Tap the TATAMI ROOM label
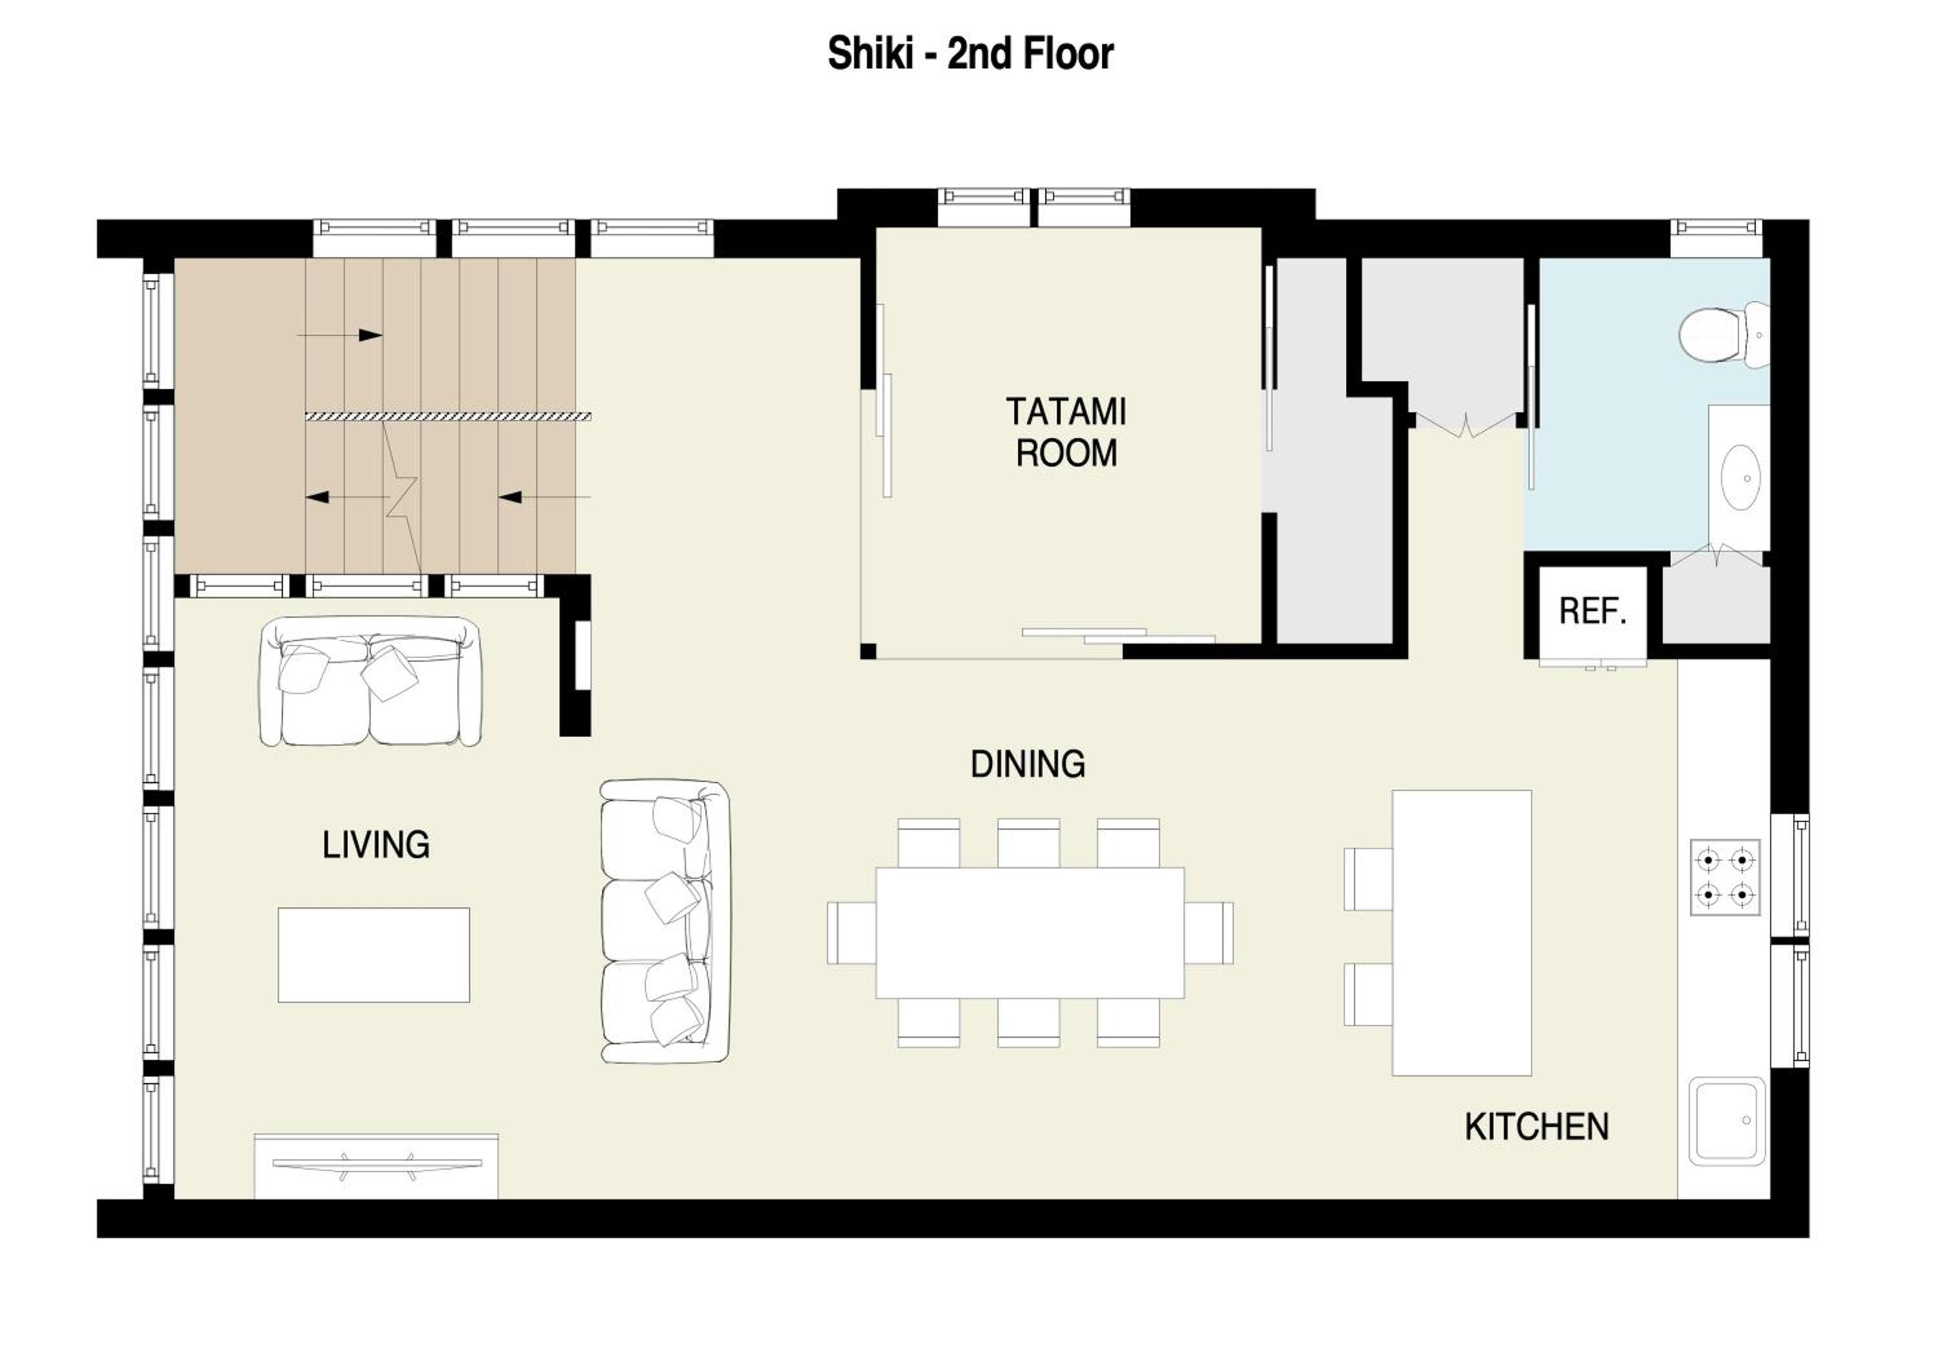1066,432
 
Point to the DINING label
1027,764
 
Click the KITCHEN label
1536,1127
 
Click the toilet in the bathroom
1724,334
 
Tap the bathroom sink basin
1740,477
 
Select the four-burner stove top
1725,877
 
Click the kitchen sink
1727,1121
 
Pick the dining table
1030,933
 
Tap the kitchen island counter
1462,933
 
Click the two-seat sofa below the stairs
371,681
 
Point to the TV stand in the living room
377,1166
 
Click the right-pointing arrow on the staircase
340,335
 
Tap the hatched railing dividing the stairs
448,416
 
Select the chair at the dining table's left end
851,933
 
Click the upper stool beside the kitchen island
1368,879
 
